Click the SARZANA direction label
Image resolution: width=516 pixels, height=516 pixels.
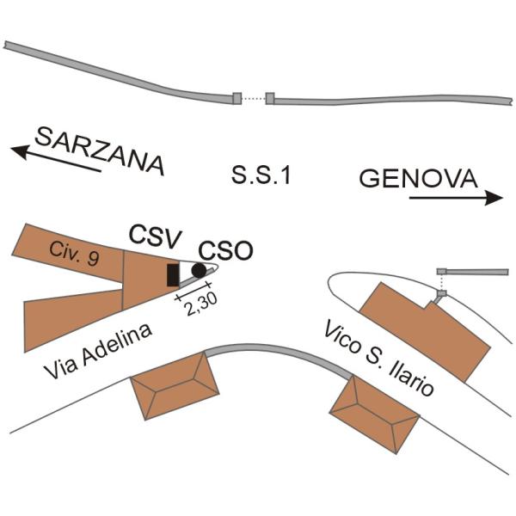[100, 150]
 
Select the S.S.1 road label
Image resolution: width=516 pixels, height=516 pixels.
[261, 175]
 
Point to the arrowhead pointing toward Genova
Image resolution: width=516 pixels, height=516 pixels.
[494, 198]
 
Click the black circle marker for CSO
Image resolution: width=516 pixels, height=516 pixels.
[199, 271]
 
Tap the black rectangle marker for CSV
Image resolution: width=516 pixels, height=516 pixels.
[173, 275]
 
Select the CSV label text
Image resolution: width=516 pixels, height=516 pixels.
[155, 236]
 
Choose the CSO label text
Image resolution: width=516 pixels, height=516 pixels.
[225, 251]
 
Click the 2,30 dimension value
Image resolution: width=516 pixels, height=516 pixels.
[200, 304]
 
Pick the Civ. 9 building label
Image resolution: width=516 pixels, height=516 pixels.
[74, 254]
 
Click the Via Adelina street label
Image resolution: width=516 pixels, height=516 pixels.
[98, 351]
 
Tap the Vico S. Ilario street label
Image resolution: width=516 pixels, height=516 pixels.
[378, 358]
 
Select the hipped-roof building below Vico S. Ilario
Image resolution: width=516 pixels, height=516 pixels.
[374, 415]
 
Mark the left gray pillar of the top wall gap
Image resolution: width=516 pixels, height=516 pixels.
[237, 98]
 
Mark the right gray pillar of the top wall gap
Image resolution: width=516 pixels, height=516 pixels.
[270, 98]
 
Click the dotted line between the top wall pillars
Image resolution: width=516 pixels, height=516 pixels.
[254, 98]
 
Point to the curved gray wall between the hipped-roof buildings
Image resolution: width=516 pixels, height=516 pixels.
[278, 350]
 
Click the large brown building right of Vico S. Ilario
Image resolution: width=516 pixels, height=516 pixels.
[425, 332]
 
